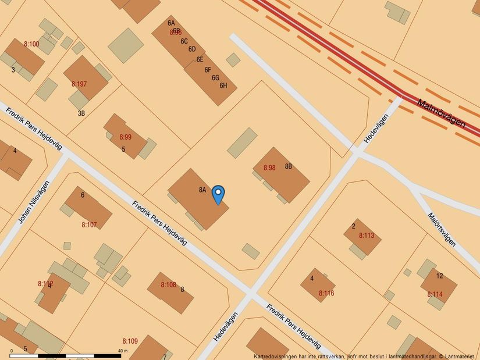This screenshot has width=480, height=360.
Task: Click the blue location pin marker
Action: tap(218, 194)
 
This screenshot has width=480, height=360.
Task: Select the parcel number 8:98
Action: tap(269, 167)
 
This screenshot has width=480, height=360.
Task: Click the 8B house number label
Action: tap(288, 166)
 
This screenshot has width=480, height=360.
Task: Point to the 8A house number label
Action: tap(202, 190)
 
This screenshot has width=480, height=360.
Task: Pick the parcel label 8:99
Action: tap(126, 137)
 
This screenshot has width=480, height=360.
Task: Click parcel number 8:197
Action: tap(79, 84)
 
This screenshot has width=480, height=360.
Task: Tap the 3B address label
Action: tap(81, 113)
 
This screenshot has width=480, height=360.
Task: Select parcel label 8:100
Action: tap(31, 44)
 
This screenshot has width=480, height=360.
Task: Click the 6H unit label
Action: tap(223, 85)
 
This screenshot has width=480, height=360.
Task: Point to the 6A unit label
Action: tap(171, 23)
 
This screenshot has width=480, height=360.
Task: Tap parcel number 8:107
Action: tap(89, 224)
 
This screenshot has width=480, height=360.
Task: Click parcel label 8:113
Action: tap(367, 236)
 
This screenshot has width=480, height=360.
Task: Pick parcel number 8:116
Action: tap(326, 293)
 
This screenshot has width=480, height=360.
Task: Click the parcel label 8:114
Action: tap(435, 294)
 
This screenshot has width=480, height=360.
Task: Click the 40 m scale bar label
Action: tap(122, 351)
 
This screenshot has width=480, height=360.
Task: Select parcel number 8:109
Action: tap(130, 341)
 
